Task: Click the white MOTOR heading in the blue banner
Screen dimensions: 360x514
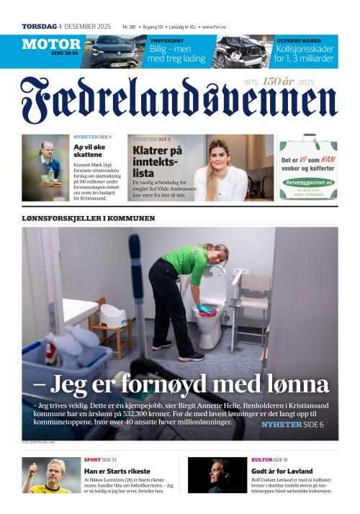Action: tap(51, 44)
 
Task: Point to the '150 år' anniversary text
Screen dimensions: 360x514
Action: tap(279, 82)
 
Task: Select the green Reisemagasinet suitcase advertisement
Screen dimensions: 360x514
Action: tap(308, 168)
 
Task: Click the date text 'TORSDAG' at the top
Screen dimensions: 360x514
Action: tap(39, 27)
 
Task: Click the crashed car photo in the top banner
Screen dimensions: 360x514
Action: tap(241, 51)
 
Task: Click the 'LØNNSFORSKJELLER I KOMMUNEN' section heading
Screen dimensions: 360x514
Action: tap(88, 217)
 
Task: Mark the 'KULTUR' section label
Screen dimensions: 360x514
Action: tap(261, 459)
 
